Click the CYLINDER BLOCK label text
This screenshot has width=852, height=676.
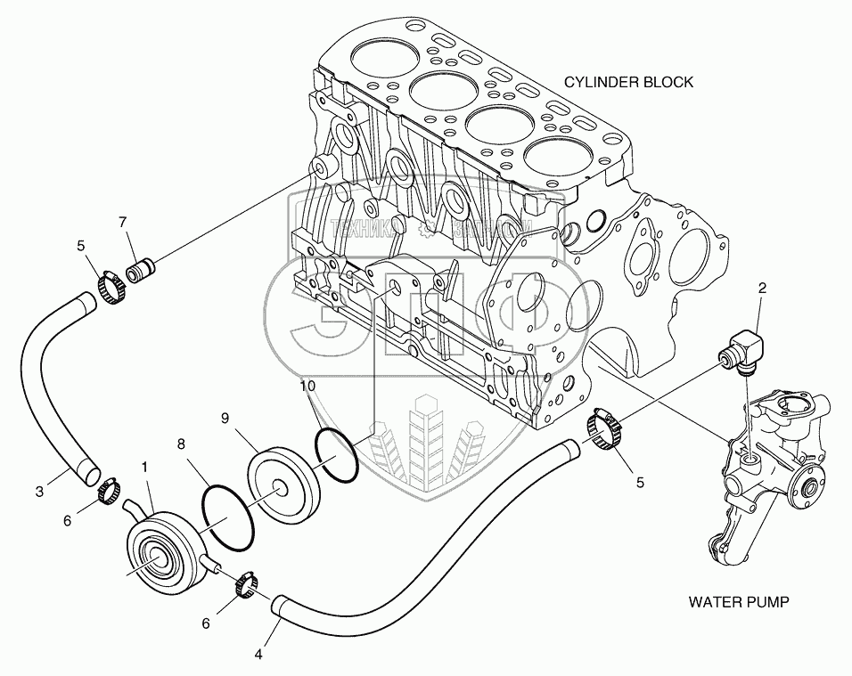628,82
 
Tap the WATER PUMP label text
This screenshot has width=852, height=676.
738,601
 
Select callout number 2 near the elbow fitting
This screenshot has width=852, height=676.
762,287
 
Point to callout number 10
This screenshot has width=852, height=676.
307,386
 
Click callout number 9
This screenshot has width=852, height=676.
225,417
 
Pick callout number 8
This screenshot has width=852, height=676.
181,442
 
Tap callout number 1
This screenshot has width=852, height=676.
144,466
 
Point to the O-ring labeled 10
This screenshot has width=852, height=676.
336,455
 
